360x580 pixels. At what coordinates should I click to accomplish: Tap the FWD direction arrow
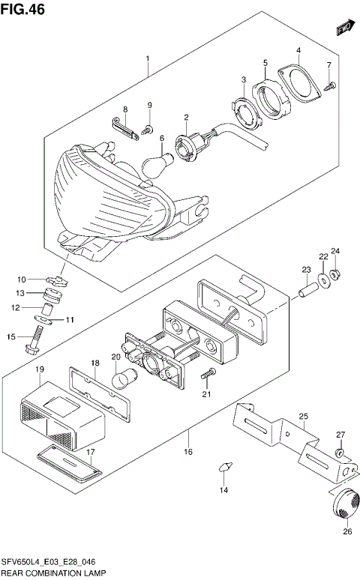tap(343, 28)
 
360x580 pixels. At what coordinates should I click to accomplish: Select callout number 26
tap(346, 533)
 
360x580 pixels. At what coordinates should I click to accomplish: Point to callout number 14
tap(223, 491)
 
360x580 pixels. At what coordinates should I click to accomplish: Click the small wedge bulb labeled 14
tap(223, 467)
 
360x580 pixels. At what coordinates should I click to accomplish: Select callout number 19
tap(40, 369)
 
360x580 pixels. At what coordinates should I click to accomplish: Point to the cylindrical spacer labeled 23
tap(306, 286)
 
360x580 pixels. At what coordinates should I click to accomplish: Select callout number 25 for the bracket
tap(303, 416)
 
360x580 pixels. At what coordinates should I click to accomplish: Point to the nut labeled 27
tap(339, 452)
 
